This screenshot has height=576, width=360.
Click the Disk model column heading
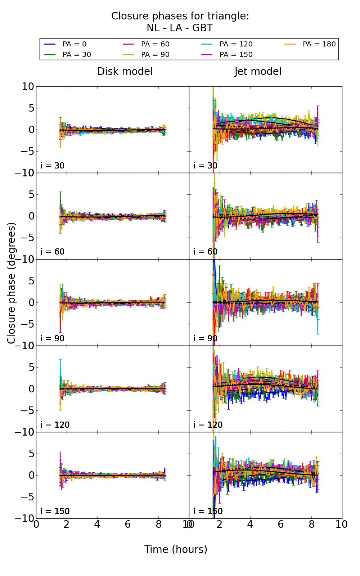tap(125, 72)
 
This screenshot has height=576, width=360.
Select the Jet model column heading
tap(258, 72)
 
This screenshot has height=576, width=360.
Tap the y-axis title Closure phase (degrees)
tap(12, 283)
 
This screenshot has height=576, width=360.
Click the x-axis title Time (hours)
tap(176, 550)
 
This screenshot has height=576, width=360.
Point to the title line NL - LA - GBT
tap(180, 28)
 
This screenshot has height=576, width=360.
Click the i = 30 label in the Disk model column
tap(53, 166)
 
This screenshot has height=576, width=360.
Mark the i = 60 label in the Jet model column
tap(206, 252)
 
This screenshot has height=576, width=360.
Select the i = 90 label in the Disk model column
tap(53, 338)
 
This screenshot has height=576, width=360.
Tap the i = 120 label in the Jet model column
tap(208, 425)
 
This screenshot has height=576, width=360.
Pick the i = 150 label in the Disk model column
tap(55, 511)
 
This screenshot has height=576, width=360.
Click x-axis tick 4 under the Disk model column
tap(97, 525)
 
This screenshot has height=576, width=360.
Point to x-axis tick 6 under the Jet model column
tap(281, 525)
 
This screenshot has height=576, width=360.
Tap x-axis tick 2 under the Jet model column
tap(220, 525)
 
